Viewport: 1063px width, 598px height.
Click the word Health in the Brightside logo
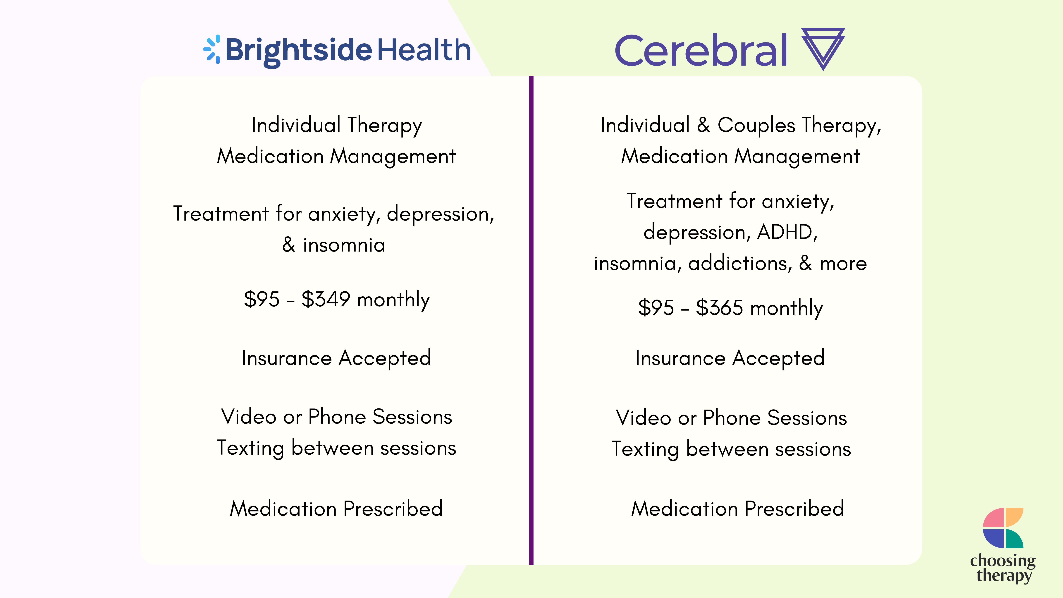424,49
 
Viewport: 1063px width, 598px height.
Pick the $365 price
720,307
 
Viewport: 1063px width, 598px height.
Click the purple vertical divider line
531,320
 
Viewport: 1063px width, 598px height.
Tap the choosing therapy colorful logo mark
1003,528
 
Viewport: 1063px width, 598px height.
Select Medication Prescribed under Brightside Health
336,508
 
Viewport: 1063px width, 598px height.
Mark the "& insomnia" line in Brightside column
334,245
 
